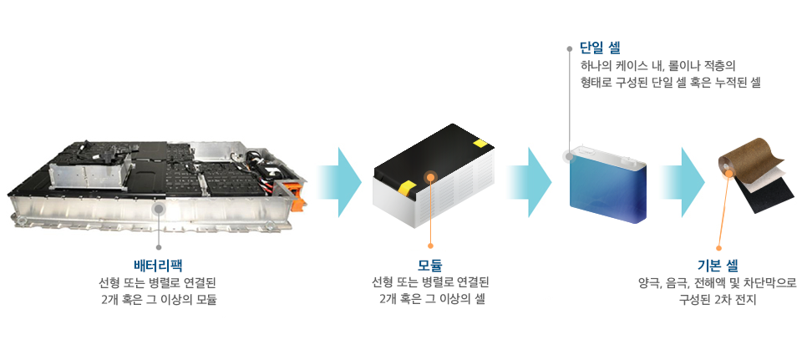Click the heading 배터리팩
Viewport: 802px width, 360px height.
[158, 265]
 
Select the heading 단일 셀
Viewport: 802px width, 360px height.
[600, 48]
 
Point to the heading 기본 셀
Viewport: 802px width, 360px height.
[718, 266]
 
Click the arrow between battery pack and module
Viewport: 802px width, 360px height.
[339, 181]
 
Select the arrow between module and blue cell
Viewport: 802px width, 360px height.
[530, 181]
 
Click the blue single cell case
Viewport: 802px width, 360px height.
[608, 184]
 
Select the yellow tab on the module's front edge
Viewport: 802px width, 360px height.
[406, 187]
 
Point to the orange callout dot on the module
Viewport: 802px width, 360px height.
[431, 177]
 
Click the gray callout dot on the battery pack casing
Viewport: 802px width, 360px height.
[159, 208]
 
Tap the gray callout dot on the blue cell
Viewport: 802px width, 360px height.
[569, 156]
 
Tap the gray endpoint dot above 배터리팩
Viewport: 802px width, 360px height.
[159, 247]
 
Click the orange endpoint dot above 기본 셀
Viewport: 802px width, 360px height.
[718, 247]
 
